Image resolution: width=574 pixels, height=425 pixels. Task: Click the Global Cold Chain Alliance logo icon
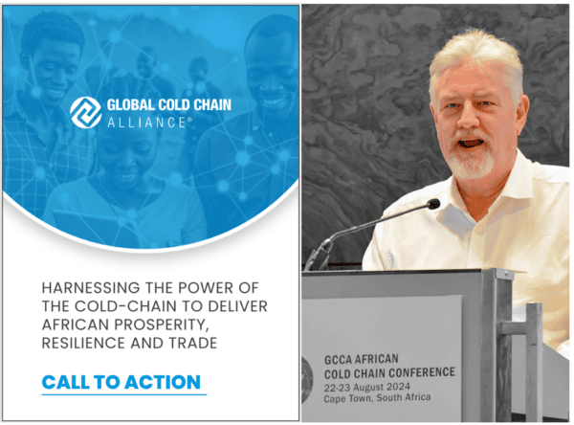[86, 113]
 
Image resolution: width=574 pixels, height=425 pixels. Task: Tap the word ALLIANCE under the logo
[147, 123]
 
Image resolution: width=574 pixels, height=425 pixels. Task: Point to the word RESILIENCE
[83, 344]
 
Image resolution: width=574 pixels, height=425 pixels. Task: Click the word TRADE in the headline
[193, 344]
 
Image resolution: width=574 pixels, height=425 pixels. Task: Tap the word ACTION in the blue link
[163, 382]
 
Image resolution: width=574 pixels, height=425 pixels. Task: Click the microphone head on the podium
[433, 204]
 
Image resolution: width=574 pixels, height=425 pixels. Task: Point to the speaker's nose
[467, 120]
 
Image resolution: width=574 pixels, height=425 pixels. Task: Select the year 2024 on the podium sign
[397, 387]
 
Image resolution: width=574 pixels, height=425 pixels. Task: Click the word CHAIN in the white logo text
[212, 104]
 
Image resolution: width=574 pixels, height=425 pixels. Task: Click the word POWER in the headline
[206, 288]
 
